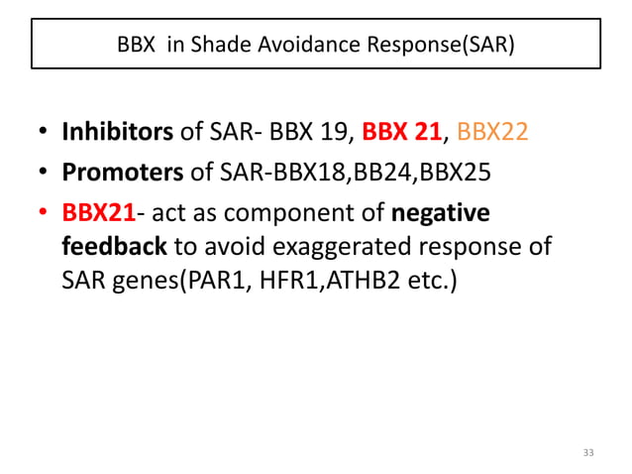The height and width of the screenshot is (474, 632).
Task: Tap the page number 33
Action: (x=589, y=453)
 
